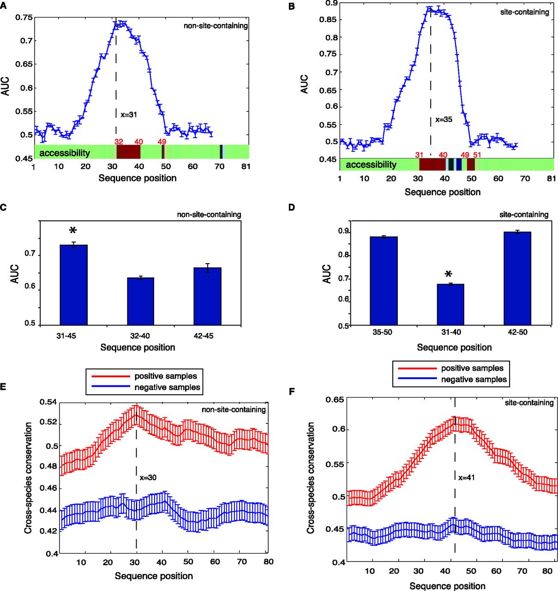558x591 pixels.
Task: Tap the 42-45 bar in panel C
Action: click(207, 296)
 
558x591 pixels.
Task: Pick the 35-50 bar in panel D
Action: click(384, 281)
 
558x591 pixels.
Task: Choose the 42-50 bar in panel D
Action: click(517, 278)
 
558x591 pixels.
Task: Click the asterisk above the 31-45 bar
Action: click(73, 230)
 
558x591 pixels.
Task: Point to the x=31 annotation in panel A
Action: click(129, 114)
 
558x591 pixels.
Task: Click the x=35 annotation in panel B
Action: click(444, 120)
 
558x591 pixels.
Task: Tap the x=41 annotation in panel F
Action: click(467, 478)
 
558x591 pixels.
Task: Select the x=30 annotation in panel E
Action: click(148, 477)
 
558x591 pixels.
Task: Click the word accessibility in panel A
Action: click(65, 152)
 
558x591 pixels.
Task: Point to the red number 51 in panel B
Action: click(477, 155)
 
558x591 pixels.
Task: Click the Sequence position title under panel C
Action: click(138, 347)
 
